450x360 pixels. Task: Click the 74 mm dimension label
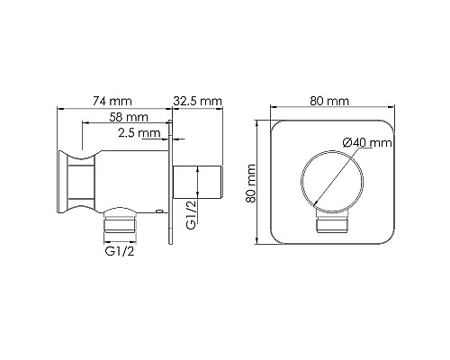click(x=112, y=101)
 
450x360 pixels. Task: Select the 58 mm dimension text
click(x=129, y=117)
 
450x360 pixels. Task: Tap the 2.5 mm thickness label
click(x=139, y=132)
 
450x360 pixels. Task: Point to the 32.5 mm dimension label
click(x=198, y=101)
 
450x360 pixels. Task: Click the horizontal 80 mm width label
click(x=329, y=101)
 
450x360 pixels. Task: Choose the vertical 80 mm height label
click(x=250, y=184)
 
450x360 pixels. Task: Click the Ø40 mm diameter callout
click(x=367, y=142)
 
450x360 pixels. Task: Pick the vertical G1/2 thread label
click(x=191, y=215)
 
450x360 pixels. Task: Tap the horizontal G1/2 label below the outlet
click(x=120, y=251)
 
